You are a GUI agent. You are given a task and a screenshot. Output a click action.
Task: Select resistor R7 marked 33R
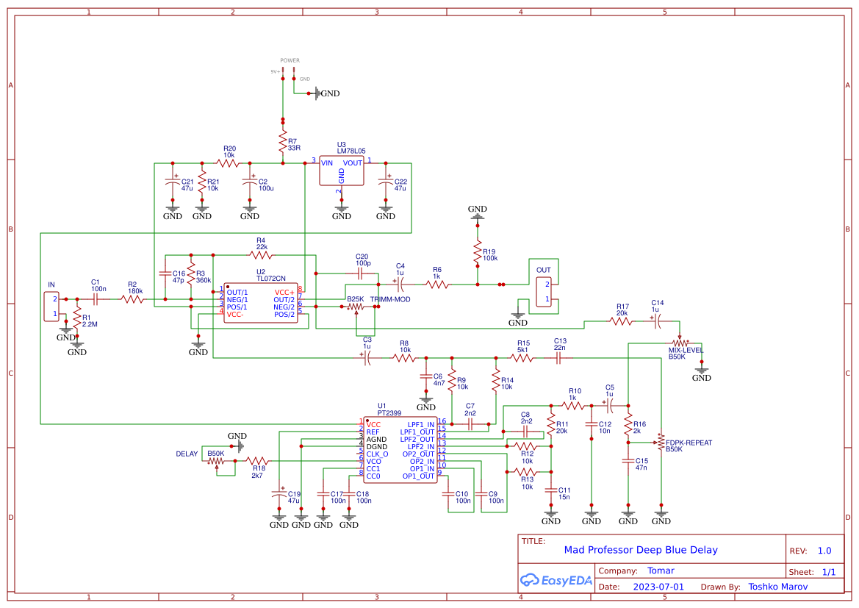[x=282, y=141]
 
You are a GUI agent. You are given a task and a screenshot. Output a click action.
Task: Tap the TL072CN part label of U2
[x=270, y=279]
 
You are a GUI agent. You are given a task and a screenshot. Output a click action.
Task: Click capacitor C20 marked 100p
[x=361, y=273]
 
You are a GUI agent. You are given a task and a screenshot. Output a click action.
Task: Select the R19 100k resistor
[x=478, y=254]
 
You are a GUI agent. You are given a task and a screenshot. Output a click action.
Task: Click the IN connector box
[x=52, y=307]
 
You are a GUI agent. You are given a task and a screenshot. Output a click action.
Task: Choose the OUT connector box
[x=544, y=291]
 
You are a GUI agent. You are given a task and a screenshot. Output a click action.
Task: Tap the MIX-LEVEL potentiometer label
[x=686, y=350]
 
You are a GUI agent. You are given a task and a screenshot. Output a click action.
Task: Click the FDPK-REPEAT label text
[x=689, y=443]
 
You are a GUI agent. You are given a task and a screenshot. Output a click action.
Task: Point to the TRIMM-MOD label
[x=390, y=299]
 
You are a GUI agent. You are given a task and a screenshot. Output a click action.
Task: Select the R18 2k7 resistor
[x=258, y=460]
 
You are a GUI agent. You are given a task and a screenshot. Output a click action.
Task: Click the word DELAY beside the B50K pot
[x=187, y=454]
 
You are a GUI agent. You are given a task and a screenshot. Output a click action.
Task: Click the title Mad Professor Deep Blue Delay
[x=640, y=550]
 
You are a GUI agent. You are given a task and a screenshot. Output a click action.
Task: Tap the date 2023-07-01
[x=658, y=587]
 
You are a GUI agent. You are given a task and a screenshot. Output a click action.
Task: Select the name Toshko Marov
[x=777, y=587]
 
